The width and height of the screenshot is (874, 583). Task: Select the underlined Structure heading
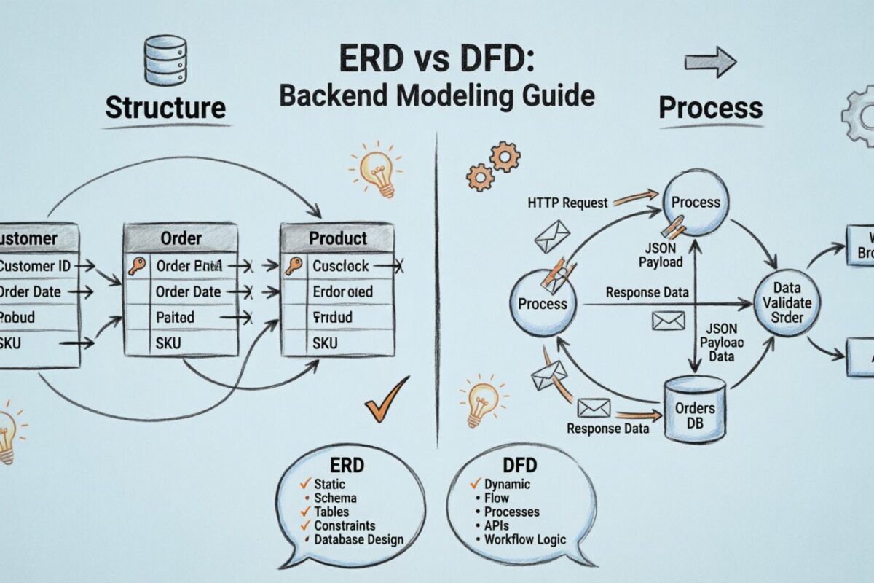(x=165, y=107)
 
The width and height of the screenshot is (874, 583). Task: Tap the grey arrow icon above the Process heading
(x=710, y=62)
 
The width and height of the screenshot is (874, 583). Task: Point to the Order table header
(x=181, y=238)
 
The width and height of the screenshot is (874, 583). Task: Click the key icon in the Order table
(x=137, y=266)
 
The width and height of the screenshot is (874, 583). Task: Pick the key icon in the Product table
(x=294, y=266)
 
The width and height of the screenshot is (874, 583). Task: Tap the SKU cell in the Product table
(x=325, y=343)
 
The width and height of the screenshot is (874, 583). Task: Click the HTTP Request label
(x=566, y=203)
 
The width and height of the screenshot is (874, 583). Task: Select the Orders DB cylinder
(x=696, y=409)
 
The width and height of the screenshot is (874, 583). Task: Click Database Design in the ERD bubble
(x=358, y=540)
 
